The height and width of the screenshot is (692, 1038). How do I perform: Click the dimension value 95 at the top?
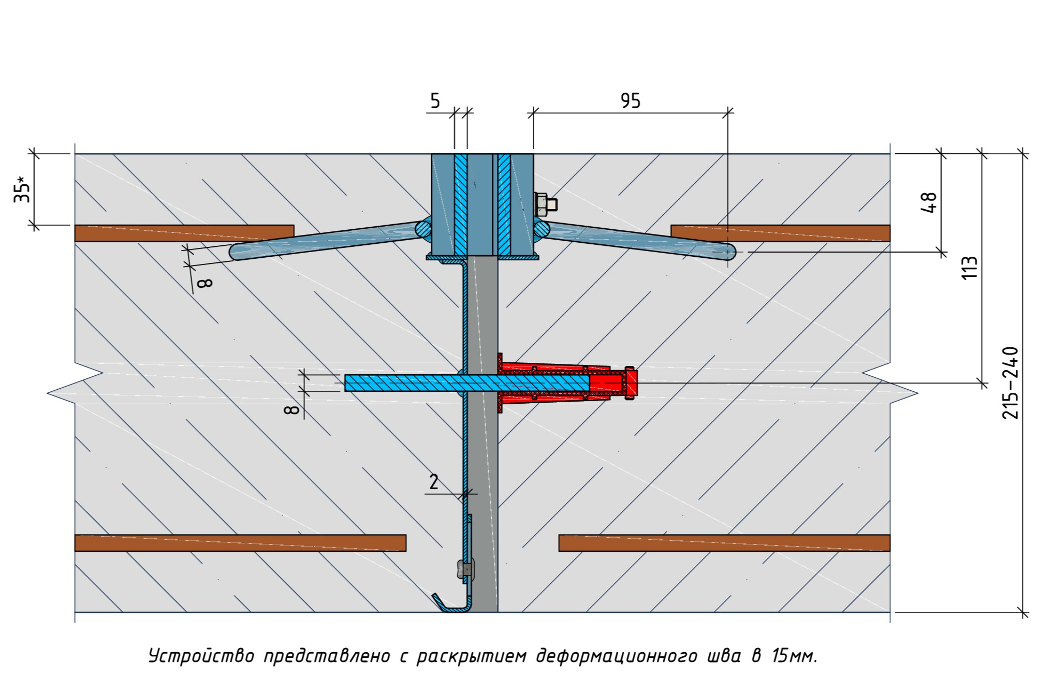(630, 100)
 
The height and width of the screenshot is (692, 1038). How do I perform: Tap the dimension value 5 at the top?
(435, 100)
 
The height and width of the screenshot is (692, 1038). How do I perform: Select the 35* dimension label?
(22, 189)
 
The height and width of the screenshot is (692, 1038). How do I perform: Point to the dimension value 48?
(929, 202)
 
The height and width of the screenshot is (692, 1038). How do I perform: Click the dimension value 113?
(970, 268)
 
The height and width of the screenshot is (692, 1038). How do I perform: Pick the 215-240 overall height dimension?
(1010, 382)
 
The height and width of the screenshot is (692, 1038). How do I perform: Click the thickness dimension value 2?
(434, 482)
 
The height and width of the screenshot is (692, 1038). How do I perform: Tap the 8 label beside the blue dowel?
(292, 409)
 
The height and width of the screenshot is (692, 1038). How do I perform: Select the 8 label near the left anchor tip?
(205, 283)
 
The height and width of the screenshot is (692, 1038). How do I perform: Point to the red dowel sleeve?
(564, 383)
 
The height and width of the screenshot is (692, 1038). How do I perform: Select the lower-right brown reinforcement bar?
(724, 543)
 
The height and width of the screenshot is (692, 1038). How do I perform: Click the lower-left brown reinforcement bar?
(240, 543)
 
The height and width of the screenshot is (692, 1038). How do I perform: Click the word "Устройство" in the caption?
(201, 656)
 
